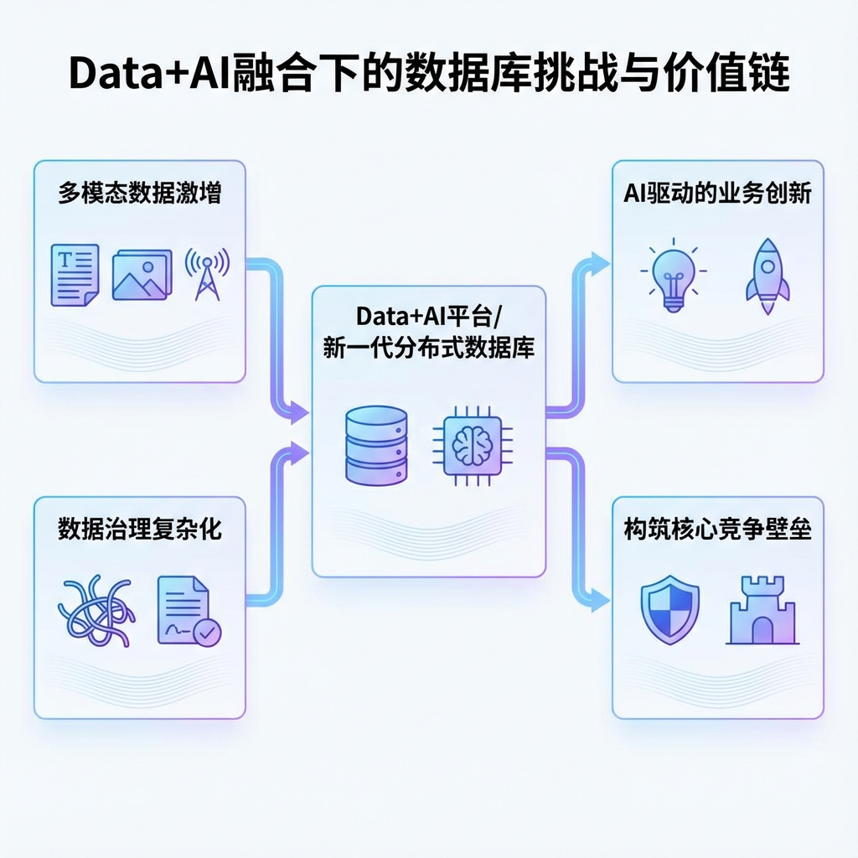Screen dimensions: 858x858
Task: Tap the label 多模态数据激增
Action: point(140,194)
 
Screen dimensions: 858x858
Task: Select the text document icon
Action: point(75,274)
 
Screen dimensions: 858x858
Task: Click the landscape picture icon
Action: point(142,274)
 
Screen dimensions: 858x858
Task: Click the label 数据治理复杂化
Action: point(140,530)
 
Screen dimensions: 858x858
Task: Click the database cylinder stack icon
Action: point(376,445)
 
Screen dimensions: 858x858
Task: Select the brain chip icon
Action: point(467,445)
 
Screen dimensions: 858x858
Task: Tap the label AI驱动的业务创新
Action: point(718,194)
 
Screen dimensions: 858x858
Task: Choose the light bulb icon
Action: point(673,276)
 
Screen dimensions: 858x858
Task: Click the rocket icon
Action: point(767,276)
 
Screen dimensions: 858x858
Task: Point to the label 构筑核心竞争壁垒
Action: point(718,530)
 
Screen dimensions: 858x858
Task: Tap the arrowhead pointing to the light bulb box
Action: point(600,261)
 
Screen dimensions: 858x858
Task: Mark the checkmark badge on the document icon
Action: point(207,633)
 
